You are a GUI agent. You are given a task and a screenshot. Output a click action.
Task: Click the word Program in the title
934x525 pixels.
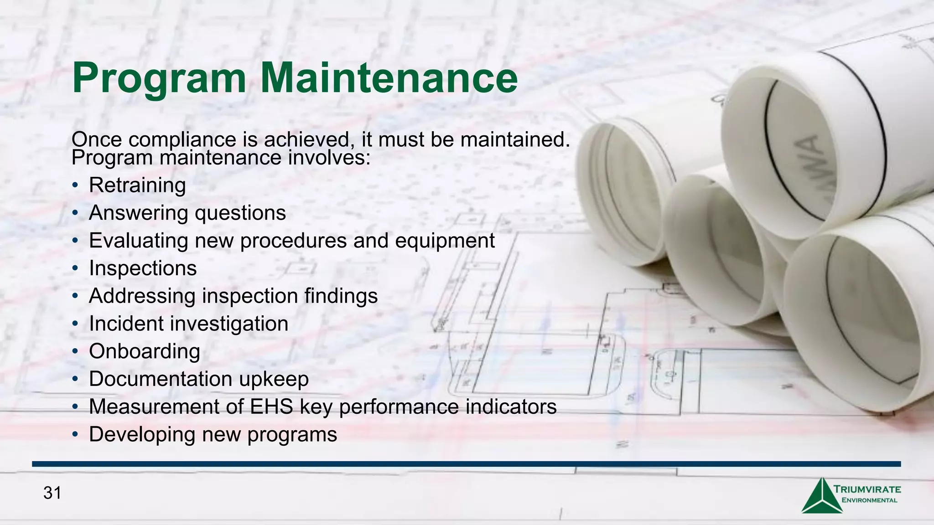point(159,78)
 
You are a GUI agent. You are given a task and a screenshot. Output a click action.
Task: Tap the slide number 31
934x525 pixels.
point(52,493)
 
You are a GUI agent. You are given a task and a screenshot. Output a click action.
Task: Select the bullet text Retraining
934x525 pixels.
point(137,185)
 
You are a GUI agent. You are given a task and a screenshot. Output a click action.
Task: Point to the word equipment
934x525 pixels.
point(445,241)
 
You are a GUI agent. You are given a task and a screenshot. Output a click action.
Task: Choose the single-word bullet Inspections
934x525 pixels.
point(143,268)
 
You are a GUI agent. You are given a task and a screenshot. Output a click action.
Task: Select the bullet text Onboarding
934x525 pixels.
point(145,351)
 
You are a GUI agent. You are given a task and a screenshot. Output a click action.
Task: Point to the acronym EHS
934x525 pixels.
point(271,407)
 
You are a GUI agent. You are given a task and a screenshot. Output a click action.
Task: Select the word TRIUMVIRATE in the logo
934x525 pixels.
point(867,489)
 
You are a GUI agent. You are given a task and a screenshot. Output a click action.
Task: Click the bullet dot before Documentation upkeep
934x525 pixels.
point(75,380)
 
